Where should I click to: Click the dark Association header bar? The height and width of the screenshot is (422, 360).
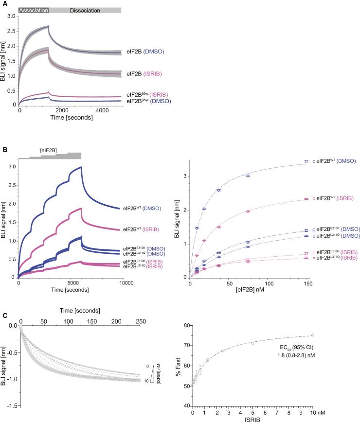(34, 10)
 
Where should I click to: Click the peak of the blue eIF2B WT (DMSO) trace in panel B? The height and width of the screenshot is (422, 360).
(81, 167)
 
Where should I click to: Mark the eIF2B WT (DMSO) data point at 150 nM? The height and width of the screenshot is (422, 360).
(306, 161)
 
